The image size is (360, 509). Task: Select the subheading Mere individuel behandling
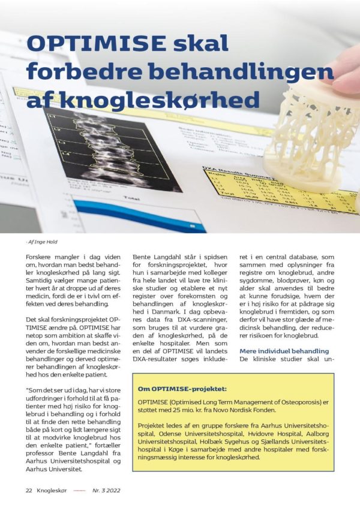[284, 351]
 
